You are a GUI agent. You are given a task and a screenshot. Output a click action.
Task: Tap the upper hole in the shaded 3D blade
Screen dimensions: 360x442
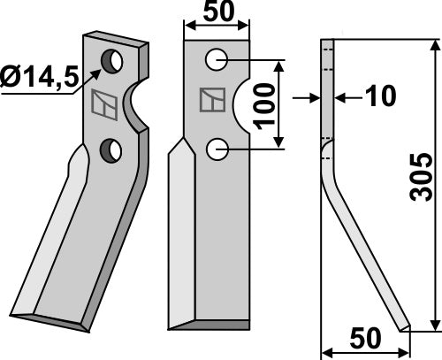point(112,61)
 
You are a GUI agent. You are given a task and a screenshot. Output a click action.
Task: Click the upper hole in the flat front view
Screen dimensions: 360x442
point(217,60)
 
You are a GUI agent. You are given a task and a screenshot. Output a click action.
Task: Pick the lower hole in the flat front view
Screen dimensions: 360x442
point(217,149)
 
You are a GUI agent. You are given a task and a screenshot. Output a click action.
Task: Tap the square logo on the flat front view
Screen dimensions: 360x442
point(212,102)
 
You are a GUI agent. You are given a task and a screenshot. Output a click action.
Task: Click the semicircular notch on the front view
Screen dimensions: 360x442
point(245,105)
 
